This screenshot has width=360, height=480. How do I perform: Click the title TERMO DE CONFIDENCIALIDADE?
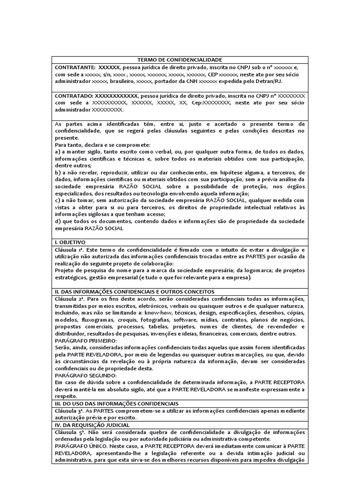(180, 60)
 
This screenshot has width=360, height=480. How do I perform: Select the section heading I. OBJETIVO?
(70, 242)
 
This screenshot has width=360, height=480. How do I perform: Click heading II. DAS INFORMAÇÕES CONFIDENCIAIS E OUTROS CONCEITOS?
(134, 291)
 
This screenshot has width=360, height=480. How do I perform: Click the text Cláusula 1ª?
(70, 249)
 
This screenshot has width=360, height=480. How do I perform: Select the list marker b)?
(58, 172)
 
